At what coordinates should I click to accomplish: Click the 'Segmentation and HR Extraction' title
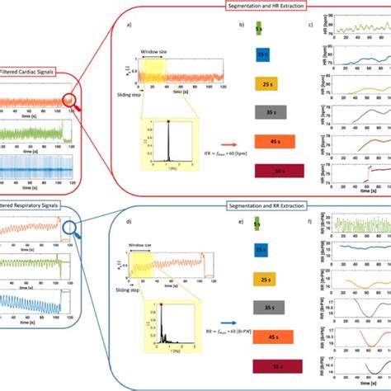266,7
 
